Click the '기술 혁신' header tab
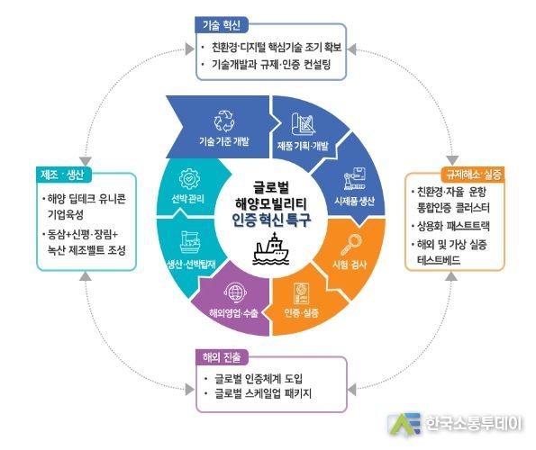click(x=222, y=25)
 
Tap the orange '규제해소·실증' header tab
click(x=474, y=175)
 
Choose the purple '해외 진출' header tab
click(x=222, y=357)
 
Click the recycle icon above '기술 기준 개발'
click(x=224, y=121)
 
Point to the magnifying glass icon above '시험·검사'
click(x=350, y=245)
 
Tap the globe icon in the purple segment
click(x=235, y=292)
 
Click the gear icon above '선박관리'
click(x=189, y=178)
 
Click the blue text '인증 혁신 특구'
click(x=271, y=220)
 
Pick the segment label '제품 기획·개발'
click(x=302, y=146)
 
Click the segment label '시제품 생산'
click(x=355, y=201)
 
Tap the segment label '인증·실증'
click(x=302, y=312)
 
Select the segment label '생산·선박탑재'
click(x=191, y=265)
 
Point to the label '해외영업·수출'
click(x=234, y=312)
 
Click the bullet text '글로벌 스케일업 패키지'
click(x=263, y=393)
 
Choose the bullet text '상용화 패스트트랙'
click(x=453, y=226)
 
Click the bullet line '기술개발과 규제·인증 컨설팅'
click(x=271, y=64)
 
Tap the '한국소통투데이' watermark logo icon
click(x=404, y=424)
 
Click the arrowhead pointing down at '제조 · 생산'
click(x=85, y=161)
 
